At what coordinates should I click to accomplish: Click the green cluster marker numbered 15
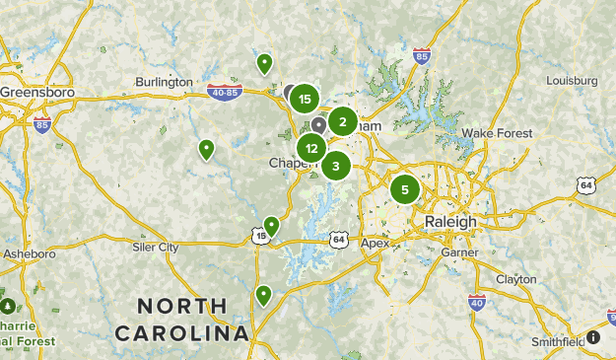305,99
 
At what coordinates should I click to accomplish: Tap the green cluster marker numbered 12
311,149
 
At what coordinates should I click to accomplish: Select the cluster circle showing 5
405,189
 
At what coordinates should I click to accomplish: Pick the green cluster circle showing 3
336,166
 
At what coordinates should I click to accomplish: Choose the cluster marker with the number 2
343,122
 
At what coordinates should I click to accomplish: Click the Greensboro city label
36,92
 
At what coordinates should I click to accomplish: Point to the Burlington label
165,82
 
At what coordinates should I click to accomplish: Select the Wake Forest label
497,133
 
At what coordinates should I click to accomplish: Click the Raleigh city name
450,222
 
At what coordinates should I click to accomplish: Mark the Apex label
376,243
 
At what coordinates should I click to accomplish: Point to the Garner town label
459,252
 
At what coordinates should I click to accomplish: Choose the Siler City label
155,247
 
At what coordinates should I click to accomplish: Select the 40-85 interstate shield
226,94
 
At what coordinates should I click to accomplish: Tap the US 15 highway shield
259,237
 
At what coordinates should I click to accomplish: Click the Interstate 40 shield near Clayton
477,303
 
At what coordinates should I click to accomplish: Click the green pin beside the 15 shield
271,226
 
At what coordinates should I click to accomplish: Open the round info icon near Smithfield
593,337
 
